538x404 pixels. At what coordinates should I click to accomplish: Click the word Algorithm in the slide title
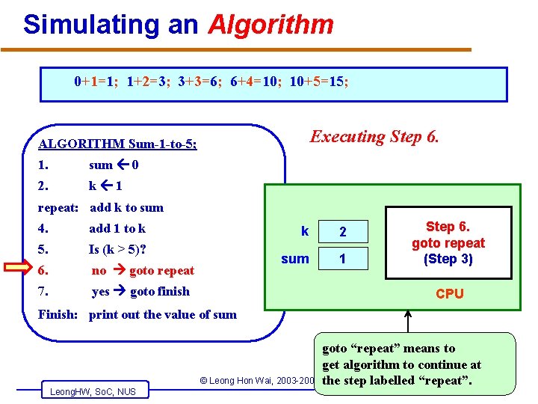[270, 25]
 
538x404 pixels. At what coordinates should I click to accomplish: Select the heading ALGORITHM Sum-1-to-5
[117, 144]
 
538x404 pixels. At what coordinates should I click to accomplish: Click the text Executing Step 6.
[375, 137]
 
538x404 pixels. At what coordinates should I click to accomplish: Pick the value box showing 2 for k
[343, 232]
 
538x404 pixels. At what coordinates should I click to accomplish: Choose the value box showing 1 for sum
[343, 260]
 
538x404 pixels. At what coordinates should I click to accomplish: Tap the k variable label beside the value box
[304, 231]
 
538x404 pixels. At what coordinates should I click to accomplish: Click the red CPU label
[450, 294]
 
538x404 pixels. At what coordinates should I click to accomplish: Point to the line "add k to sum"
[126, 207]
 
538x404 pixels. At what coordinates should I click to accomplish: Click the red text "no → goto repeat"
[143, 270]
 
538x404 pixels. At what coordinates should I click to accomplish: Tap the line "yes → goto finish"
[140, 291]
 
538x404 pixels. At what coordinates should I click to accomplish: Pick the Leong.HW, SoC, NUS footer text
[93, 391]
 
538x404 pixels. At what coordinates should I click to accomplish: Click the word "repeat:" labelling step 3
[59, 207]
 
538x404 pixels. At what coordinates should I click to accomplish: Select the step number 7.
[43, 291]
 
